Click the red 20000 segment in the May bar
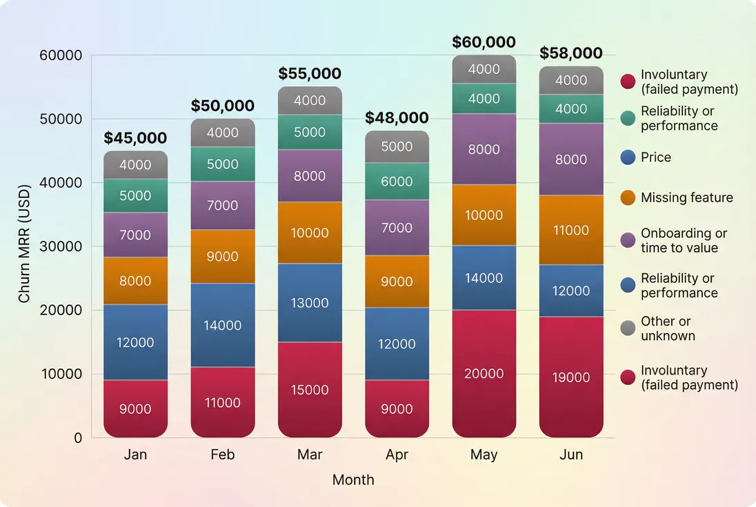pyautogui.click(x=484, y=373)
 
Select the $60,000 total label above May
pyautogui.click(x=484, y=42)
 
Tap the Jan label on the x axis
pyautogui.click(x=135, y=455)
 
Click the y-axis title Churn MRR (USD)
pyautogui.click(x=25, y=243)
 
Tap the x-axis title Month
pyautogui.click(x=353, y=480)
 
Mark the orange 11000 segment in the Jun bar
pyautogui.click(x=571, y=230)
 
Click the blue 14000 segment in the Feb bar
pyautogui.click(x=223, y=325)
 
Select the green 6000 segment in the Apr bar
pyautogui.click(x=397, y=181)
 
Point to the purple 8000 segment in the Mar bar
pyautogui.click(x=310, y=176)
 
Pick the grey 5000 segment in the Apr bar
pyautogui.click(x=397, y=146)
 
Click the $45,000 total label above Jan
pyautogui.click(x=135, y=138)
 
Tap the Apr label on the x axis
pyautogui.click(x=397, y=455)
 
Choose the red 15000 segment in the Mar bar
pyautogui.click(x=310, y=390)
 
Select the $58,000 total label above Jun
pyautogui.click(x=571, y=53)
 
